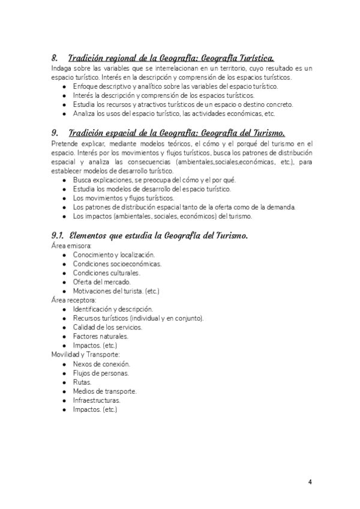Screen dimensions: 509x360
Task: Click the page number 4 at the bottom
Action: click(x=310, y=481)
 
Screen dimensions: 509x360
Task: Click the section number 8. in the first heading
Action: click(x=55, y=59)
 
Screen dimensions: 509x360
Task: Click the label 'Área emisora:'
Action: click(x=71, y=245)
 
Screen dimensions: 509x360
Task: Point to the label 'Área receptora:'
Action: click(x=74, y=300)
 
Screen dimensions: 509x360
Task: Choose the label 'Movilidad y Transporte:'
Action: click(x=85, y=354)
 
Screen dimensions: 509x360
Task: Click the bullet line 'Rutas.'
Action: click(x=82, y=382)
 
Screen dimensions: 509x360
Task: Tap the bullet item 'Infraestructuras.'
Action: click(x=97, y=400)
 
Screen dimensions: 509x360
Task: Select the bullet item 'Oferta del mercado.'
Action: click(x=101, y=282)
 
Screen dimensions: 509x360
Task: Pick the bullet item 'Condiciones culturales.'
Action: click(x=106, y=273)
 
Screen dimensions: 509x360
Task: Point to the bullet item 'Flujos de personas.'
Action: click(x=101, y=373)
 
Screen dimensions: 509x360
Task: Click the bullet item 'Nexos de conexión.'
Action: click(x=101, y=364)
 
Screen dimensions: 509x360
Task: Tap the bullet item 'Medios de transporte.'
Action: click(x=105, y=391)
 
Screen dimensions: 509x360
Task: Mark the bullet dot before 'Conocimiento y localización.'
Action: click(x=64, y=254)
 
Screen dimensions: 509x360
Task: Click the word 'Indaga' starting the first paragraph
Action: click(x=61, y=69)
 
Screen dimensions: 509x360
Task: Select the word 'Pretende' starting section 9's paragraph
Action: click(x=65, y=143)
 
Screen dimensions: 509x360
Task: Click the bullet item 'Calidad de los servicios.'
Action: click(x=108, y=327)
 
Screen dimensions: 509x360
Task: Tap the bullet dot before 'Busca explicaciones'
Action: click(x=64, y=180)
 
